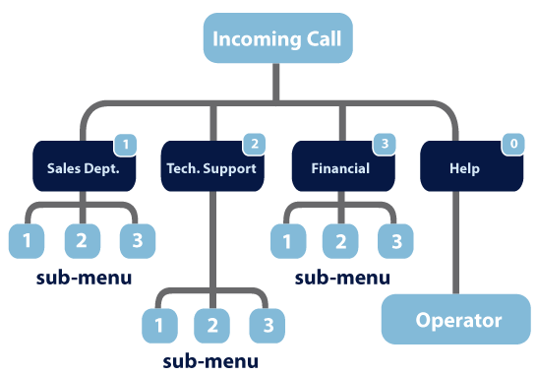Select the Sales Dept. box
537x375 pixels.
coord(83,168)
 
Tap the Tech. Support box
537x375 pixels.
coord(210,168)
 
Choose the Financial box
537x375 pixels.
coord(340,168)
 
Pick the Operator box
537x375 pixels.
coord(457,320)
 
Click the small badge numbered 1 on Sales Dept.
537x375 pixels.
coord(125,145)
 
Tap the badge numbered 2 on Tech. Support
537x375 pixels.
coord(254,145)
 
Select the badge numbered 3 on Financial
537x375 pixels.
coord(385,145)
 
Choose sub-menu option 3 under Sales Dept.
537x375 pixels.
coord(136,239)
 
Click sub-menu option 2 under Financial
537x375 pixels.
coord(340,239)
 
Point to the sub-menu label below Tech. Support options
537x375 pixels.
coord(210,360)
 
